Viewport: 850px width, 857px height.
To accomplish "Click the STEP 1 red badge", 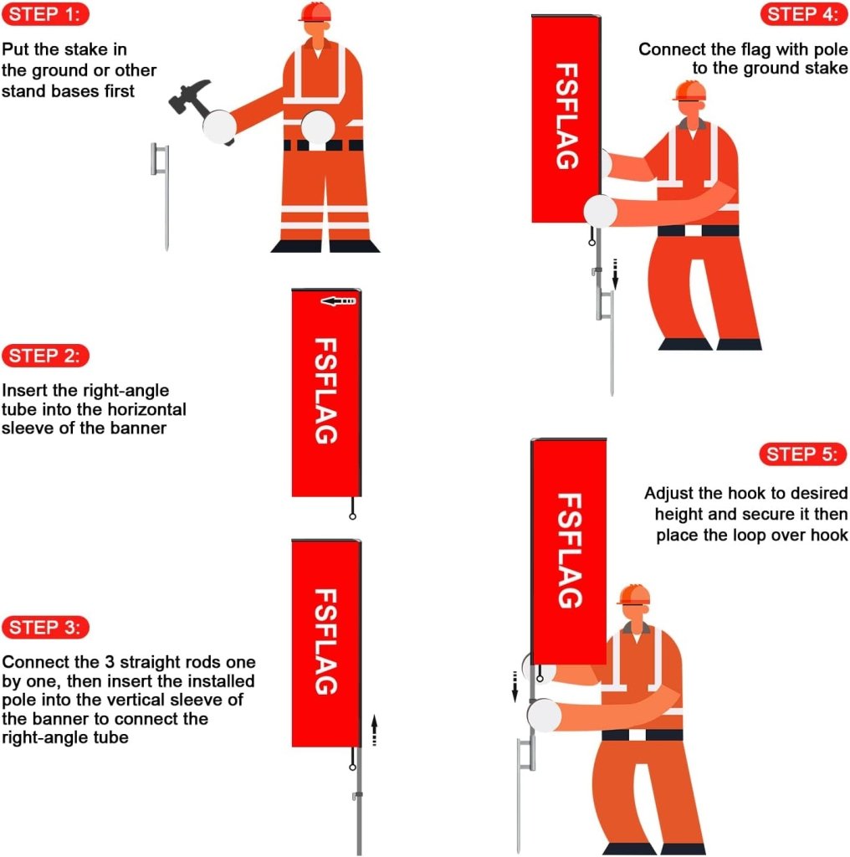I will [47, 14].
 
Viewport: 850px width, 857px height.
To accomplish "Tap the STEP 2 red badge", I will [47, 355].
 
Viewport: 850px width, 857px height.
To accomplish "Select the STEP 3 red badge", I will [47, 627].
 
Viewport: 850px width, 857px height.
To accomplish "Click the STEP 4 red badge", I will [803, 14].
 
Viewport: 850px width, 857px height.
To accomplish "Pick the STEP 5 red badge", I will [803, 454].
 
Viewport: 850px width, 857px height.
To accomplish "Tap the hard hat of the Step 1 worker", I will [315, 12].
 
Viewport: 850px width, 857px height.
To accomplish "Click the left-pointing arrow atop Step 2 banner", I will [338, 300].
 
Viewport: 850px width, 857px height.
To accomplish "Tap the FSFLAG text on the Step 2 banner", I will [325, 390].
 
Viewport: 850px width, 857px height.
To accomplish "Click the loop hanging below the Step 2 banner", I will [353, 516].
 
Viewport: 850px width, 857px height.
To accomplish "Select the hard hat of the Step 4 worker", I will [689, 90].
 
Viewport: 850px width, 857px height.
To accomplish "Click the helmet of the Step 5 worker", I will [634, 595].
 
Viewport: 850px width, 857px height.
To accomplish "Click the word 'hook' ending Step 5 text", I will [829, 535].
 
